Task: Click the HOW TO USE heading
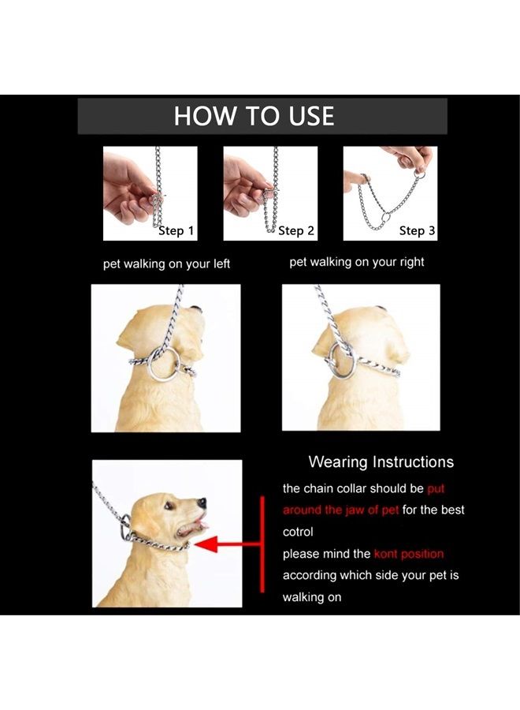[254, 117]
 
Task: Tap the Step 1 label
[176, 230]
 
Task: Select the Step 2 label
[296, 230]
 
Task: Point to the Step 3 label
[417, 230]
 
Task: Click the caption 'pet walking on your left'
[166, 264]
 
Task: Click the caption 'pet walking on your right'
[357, 262]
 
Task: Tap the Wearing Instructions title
[381, 461]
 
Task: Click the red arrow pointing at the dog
[228, 544]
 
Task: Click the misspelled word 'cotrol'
[298, 532]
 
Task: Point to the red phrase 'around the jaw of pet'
[340, 510]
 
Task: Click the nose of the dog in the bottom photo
[203, 502]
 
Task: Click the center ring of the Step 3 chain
[382, 217]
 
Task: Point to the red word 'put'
[436, 488]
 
